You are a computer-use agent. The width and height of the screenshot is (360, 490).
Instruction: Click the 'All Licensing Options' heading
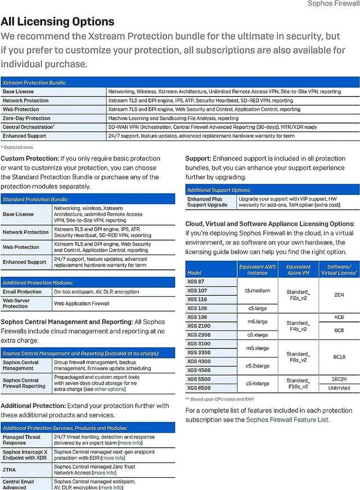pos(57,22)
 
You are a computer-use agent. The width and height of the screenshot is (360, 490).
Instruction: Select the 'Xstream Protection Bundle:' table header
pos(35,83)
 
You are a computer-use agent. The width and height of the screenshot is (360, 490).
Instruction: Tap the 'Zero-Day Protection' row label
pos(26,119)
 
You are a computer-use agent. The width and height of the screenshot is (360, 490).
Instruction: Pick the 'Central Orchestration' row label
pos(29,127)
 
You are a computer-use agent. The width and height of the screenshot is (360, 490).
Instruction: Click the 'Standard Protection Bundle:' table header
pos(35,199)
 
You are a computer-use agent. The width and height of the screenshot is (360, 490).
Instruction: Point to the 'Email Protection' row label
pos(22,292)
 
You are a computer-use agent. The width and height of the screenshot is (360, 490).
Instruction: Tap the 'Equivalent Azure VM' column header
pos(298,270)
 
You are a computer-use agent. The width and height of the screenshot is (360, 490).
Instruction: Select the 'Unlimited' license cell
pos(339,388)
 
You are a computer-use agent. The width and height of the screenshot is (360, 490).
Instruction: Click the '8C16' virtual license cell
pos(339,357)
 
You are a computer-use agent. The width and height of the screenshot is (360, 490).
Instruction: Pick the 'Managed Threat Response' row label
pos(21,440)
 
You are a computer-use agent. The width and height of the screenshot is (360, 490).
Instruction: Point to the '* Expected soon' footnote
pos(17,147)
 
